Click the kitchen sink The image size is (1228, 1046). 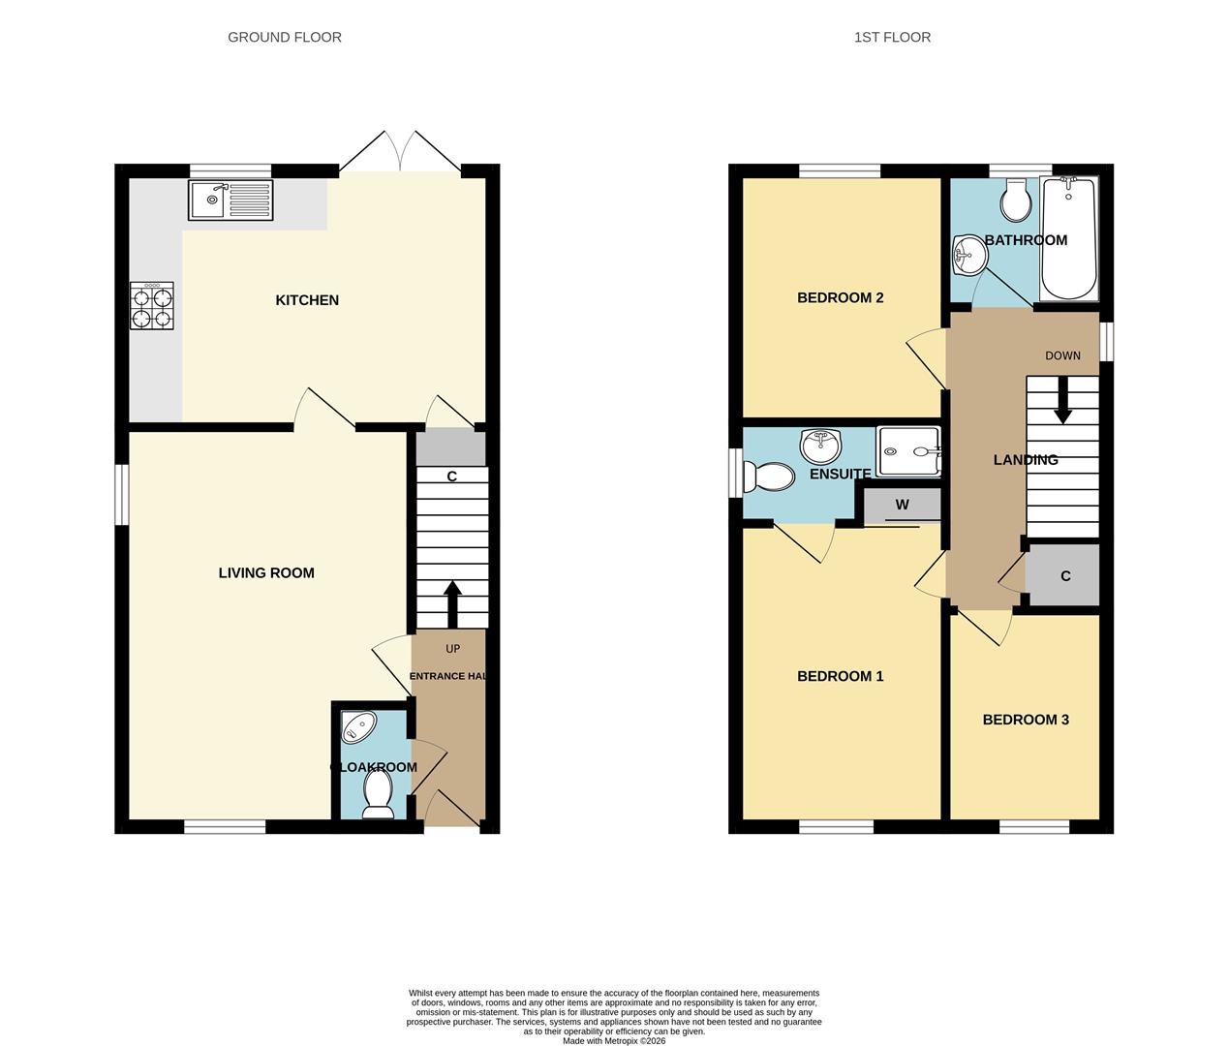coord(230,200)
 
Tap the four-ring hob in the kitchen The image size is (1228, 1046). coord(152,306)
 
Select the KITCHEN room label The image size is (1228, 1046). coord(307,300)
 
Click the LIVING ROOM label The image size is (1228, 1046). coord(266,573)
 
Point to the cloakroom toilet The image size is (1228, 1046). coord(376,796)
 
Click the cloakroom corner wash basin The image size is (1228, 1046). coord(355,726)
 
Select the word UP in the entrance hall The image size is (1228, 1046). coord(452,649)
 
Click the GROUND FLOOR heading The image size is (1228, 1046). coord(285,38)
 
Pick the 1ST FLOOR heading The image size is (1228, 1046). coord(892,38)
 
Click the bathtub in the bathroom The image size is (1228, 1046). coord(1068,238)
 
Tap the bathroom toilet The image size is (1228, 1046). coord(1015,201)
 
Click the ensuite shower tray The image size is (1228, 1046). coord(908,451)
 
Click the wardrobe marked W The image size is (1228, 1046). coord(903,505)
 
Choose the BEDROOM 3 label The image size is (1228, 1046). coord(1026,720)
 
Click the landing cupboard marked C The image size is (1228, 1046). coord(1064,576)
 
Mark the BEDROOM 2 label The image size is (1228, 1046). coord(840,298)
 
